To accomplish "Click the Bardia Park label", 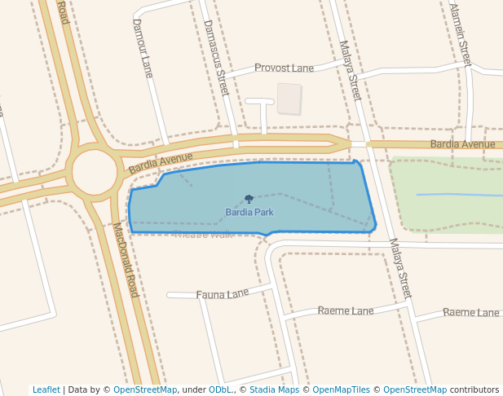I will tap(249, 213).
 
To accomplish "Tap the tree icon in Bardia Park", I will tap(249, 199).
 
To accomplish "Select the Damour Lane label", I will tap(143, 48).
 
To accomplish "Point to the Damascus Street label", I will tap(216, 58).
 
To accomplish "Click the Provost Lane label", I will tap(284, 68).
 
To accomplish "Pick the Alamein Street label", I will tap(461, 33).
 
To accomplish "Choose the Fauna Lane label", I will tap(223, 293).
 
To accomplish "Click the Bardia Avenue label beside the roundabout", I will tap(161, 162).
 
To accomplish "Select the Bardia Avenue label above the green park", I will tap(462, 144).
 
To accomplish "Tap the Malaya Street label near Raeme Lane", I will tap(400, 267).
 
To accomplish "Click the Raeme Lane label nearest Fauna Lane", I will tap(346, 310).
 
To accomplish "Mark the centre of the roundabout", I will tap(95, 172).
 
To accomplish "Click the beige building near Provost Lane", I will tap(289, 99).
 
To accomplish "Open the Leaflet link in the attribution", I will tap(46, 389).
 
